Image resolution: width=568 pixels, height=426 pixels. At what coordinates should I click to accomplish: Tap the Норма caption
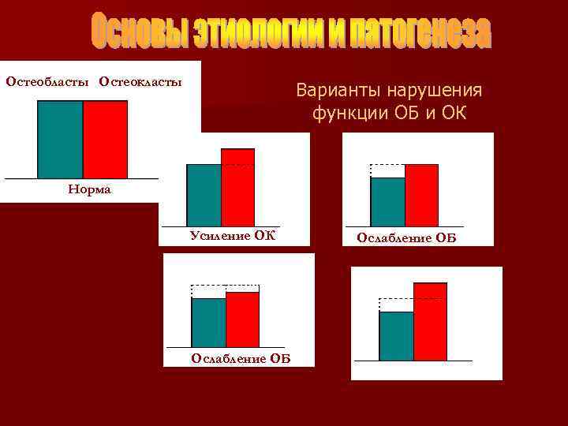click(x=89, y=190)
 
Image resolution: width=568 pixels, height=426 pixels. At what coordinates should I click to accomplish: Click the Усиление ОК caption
click(x=232, y=235)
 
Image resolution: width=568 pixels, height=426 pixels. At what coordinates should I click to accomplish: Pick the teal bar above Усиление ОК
click(x=204, y=195)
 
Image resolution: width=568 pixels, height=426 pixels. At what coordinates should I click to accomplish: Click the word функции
click(x=349, y=114)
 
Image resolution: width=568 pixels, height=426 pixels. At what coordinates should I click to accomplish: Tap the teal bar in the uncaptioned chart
click(x=396, y=335)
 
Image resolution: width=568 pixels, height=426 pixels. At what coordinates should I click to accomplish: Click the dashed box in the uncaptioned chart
click(x=396, y=305)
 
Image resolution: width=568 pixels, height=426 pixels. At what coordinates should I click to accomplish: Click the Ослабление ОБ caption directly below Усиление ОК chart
click(x=241, y=359)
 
